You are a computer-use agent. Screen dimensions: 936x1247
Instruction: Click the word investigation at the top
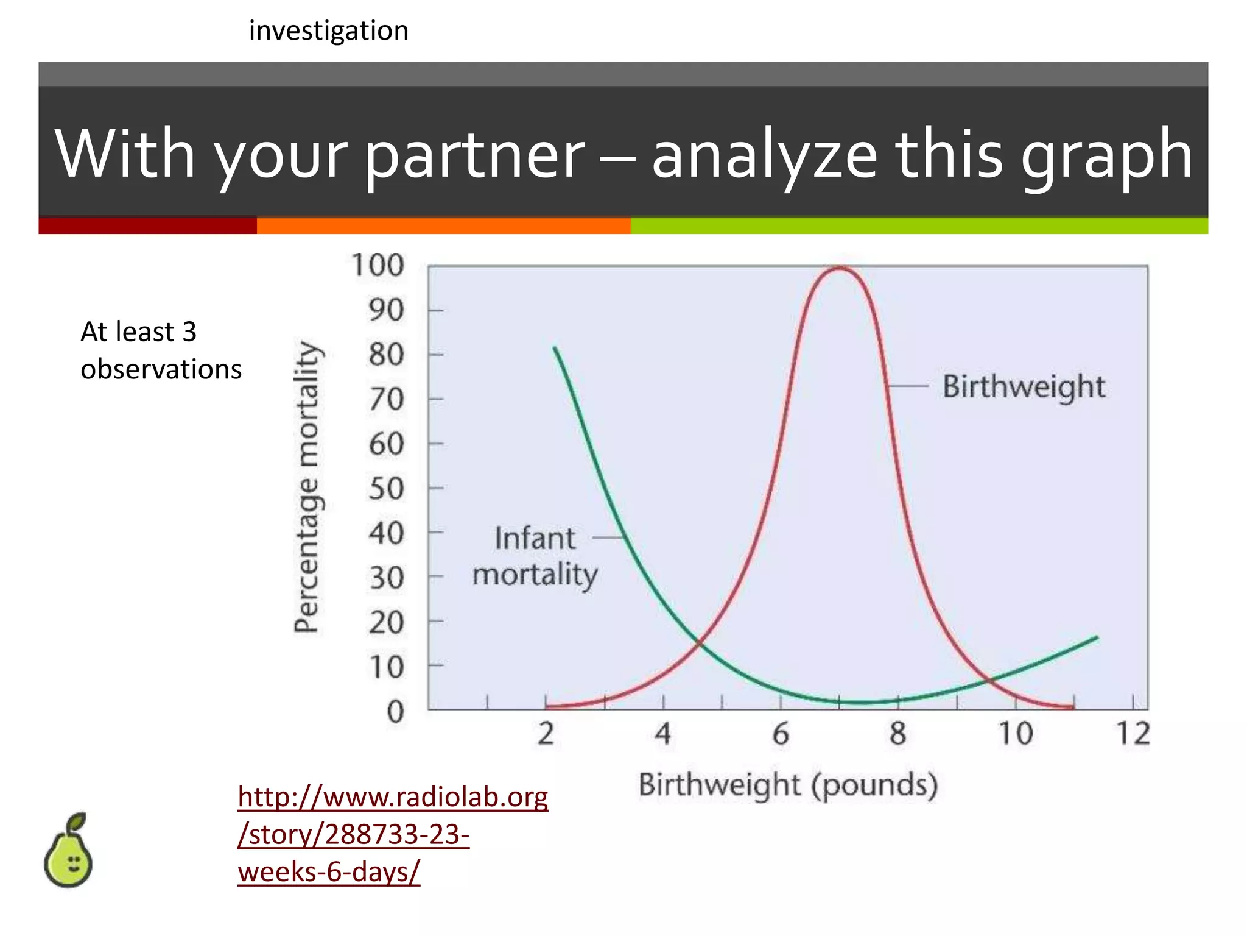tap(329, 30)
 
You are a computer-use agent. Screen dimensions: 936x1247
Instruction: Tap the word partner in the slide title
tap(475, 155)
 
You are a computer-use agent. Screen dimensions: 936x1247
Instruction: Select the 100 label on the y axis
tap(378, 266)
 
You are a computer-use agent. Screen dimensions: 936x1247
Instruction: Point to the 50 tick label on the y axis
tap(386, 489)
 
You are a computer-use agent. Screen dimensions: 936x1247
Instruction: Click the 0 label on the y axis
tap(395, 712)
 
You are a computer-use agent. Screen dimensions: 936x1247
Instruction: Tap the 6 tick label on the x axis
tap(781, 734)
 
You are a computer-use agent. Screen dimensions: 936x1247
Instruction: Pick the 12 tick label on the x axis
tap(1133, 734)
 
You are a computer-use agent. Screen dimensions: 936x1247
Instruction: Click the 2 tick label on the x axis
tap(546, 734)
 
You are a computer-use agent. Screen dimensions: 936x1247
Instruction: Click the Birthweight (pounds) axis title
tap(788, 785)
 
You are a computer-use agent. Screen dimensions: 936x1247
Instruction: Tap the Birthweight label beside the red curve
tap(1024, 386)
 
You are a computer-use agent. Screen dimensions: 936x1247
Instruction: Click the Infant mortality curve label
tap(535, 556)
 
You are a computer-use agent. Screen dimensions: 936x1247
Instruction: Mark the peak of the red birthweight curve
tap(839, 268)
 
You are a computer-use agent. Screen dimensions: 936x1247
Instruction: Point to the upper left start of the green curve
tap(555, 349)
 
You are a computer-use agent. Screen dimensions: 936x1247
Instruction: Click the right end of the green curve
tap(1097, 637)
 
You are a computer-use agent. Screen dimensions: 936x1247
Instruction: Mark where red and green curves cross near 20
tap(700, 642)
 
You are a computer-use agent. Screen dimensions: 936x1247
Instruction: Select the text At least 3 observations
tap(161, 350)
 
